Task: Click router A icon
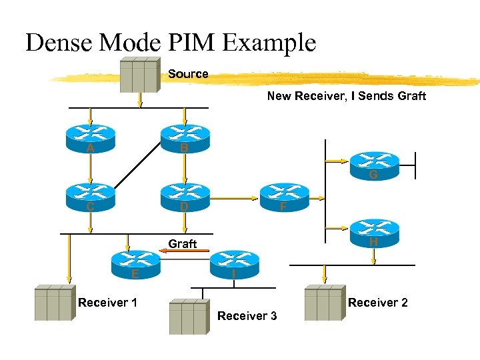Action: click(x=90, y=139)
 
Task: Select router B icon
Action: click(x=185, y=139)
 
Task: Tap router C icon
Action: click(x=90, y=196)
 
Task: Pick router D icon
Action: click(x=185, y=196)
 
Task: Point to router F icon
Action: click(x=285, y=197)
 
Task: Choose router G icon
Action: click(x=374, y=165)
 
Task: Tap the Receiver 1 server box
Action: click(x=54, y=303)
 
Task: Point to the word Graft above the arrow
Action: click(x=182, y=243)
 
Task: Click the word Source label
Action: click(x=188, y=73)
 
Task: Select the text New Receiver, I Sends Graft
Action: click(x=346, y=96)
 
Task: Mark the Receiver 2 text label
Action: click(x=377, y=303)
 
